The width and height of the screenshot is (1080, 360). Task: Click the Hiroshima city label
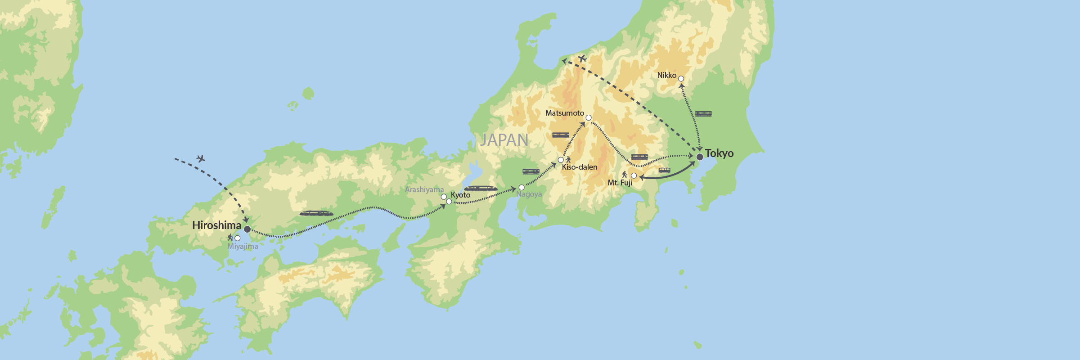[x=216, y=225]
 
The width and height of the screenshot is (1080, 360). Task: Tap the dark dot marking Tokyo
[x=700, y=157]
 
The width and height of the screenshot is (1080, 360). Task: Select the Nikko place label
[x=666, y=75]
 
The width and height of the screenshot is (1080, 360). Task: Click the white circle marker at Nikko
[x=681, y=79]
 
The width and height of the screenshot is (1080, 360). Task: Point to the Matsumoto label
[x=564, y=113]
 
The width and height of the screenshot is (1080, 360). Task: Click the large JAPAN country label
[x=504, y=140]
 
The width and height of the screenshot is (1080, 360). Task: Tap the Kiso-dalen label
[x=580, y=167]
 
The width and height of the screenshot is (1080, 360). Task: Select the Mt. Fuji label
[x=620, y=183]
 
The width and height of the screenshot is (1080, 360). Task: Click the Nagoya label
[x=529, y=194]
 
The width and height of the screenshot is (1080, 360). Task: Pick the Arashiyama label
[x=424, y=189]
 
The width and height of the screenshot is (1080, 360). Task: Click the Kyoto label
[x=460, y=195]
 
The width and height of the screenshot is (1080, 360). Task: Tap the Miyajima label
[x=243, y=246]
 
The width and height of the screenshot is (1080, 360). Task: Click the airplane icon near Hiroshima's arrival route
[x=201, y=158]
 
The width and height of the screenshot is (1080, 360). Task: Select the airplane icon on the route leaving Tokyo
[x=582, y=58]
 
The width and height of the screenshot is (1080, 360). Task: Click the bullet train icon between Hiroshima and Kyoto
[x=316, y=213]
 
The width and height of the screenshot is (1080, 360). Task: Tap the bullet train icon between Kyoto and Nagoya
[x=481, y=189]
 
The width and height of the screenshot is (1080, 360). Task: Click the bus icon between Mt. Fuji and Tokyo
[x=664, y=170]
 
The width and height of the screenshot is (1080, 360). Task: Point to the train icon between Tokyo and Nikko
[x=703, y=114]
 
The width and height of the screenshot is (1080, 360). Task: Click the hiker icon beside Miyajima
[x=230, y=237]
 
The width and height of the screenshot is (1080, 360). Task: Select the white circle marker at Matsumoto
[x=588, y=118]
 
